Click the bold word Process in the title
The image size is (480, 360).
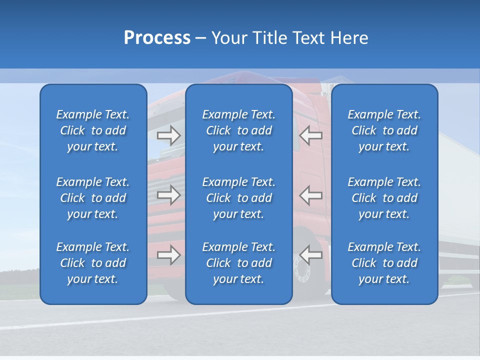tap(157, 38)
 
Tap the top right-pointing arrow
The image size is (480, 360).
tap(169, 135)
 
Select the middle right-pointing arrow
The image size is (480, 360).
tap(169, 195)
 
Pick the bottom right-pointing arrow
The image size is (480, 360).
tap(169, 255)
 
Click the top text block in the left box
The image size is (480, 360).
tap(93, 130)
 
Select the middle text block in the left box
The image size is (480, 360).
tap(93, 198)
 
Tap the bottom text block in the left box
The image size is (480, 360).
tap(93, 263)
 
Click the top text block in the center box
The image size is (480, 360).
tap(238, 130)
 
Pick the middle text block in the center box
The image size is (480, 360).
tap(238, 198)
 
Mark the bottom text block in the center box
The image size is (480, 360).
tap(238, 263)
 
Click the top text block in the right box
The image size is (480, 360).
tap(384, 130)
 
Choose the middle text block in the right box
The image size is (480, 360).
tap(384, 198)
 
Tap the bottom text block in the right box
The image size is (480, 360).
tap(384, 263)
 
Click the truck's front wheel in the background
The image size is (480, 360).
tap(304, 272)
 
